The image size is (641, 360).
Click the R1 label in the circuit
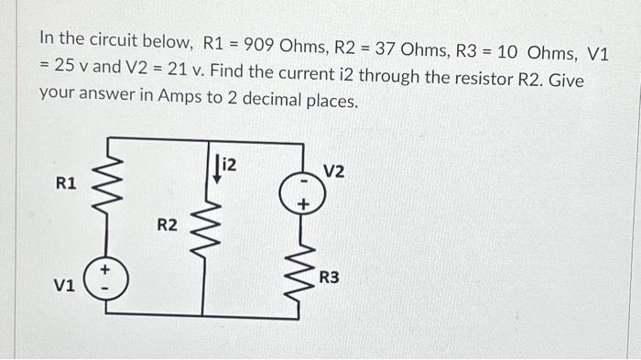[x=65, y=183]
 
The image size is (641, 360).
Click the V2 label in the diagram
[x=333, y=170]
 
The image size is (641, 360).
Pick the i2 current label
[x=229, y=166]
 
